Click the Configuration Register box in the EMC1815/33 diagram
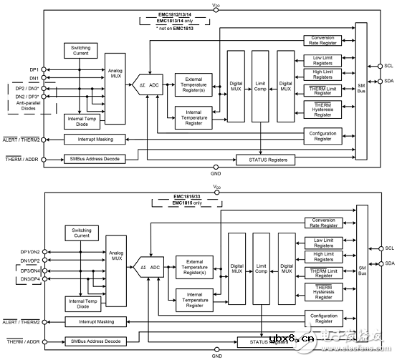[323, 317]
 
